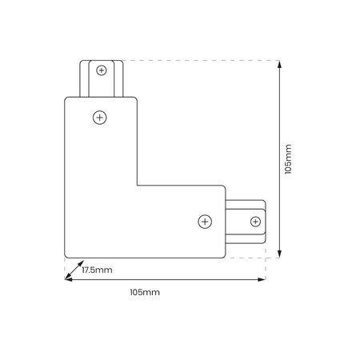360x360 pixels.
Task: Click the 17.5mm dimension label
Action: [x=97, y=270]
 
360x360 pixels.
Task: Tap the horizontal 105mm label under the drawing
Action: [x=145, y=292]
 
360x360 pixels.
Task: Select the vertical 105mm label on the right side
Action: [x=288, y=159]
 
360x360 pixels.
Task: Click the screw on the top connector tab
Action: [x=102, y=70]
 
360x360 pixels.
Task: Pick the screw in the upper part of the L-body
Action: [x=100, y=118]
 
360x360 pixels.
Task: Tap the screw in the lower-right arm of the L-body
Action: [x=205, y=222]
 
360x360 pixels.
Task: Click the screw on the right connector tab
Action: [x=255, y=222]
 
